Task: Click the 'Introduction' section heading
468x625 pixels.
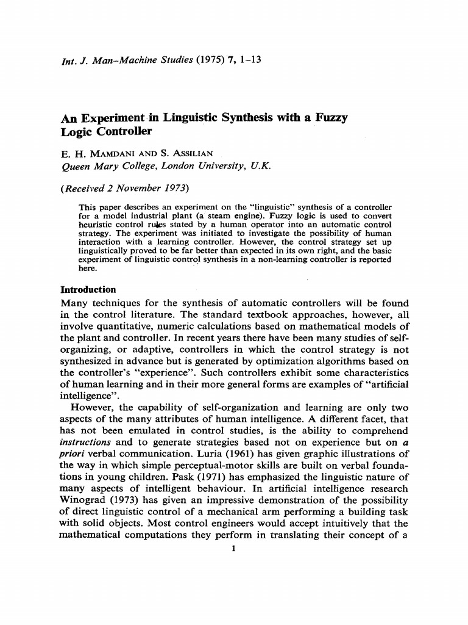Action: pos(89,289)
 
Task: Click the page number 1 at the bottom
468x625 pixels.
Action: pos(234,547)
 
